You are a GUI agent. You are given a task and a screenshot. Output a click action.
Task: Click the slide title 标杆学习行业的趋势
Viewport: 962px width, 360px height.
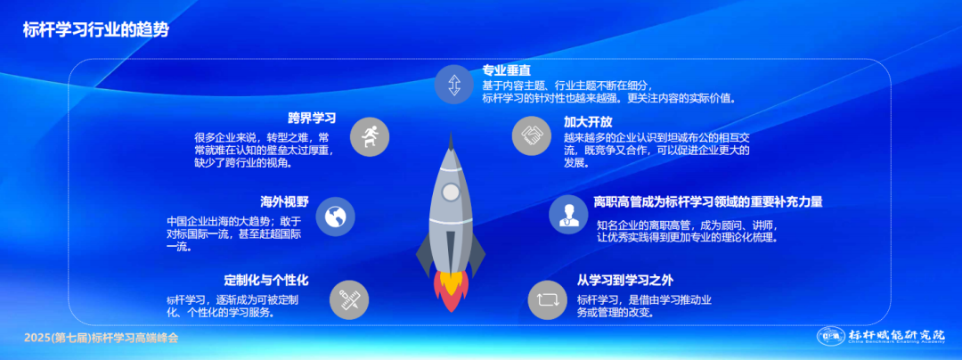pos(95,30)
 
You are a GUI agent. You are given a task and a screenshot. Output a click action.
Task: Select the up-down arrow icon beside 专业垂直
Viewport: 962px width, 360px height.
pos(454,85)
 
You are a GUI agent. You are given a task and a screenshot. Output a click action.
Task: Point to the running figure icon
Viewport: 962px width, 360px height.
pos(370,136)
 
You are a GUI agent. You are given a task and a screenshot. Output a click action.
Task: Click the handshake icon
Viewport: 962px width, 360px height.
pos(532,135)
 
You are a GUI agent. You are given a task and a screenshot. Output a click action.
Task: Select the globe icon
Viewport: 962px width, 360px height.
pos(336,217)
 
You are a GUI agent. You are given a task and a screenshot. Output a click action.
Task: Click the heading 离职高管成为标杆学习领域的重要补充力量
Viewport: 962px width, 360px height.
pos(708,201)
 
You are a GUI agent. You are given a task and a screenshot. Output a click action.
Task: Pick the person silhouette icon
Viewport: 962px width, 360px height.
pos(568,214)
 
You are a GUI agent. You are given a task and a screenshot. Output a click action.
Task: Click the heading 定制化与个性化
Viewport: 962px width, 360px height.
pos(266,281)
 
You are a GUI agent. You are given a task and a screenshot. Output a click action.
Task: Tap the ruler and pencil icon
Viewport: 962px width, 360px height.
pos(350,300)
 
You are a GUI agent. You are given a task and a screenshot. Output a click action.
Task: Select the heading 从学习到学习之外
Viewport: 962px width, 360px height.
pos(625,281)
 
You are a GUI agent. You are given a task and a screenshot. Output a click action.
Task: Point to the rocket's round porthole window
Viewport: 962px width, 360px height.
pos(451,192)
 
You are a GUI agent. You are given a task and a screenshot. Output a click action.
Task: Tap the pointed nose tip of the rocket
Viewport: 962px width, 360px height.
pos(451,132)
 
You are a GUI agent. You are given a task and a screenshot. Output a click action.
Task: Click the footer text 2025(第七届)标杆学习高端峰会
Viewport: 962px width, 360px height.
pos(102,338)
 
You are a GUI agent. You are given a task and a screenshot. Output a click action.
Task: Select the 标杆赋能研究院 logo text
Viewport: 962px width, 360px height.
pos(896,335)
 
